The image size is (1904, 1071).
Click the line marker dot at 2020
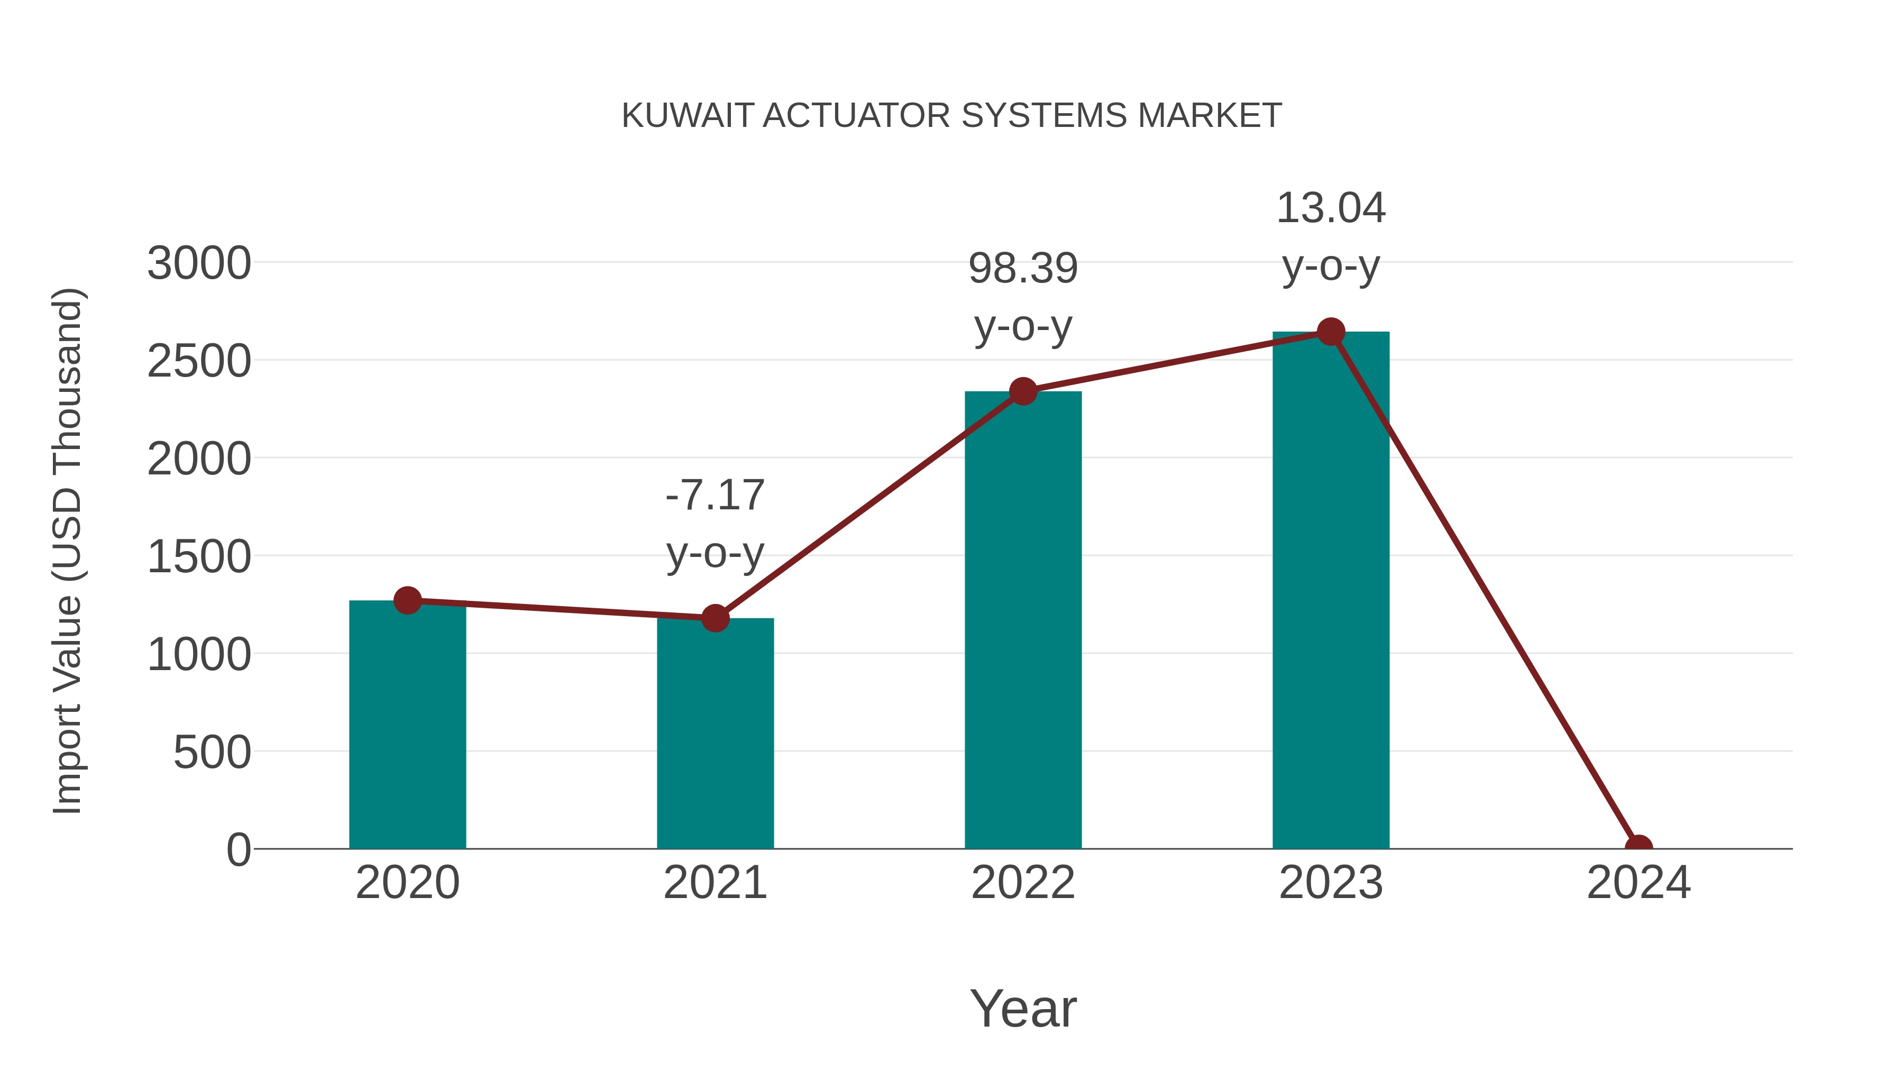[x=407, y=600]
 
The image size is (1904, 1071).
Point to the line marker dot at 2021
[x=715, y=618]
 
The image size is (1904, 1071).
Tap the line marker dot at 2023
[x=1331, y=332]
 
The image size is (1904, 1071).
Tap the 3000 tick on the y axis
[x=199, y=263]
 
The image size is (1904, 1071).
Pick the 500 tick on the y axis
[x=212, y=753]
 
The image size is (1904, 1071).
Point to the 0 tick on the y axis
[x=239, y=850]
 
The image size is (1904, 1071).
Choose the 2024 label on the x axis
[x=1638, y=883]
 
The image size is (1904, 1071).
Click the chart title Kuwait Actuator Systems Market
[x=951, y=115]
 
